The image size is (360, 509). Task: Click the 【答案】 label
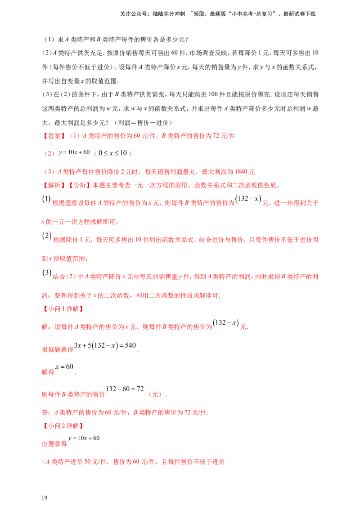tap(53, 135)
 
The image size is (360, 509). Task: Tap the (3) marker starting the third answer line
tap(48, 172)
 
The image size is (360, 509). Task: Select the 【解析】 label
tap(53, 185)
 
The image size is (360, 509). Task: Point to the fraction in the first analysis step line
tap(248, 199)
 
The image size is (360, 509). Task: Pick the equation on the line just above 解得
tap(106, 346)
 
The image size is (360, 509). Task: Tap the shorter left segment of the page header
tap(153, 14)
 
